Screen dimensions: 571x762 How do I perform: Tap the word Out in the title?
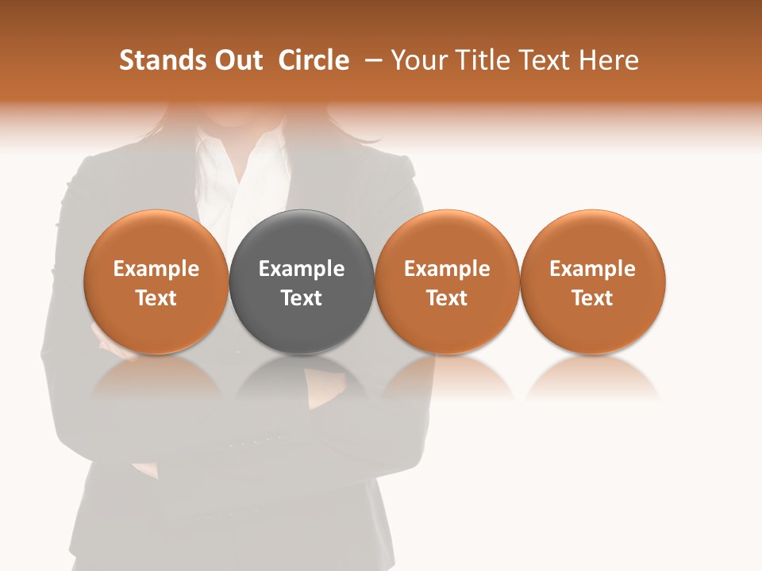238,60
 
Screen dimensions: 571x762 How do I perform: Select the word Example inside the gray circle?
302,269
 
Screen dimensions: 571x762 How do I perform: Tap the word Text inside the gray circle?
302,298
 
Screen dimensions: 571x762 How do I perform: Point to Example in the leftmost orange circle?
156,269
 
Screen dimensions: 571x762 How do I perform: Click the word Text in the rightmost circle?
593,298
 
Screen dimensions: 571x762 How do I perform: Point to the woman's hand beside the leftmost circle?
102,337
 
